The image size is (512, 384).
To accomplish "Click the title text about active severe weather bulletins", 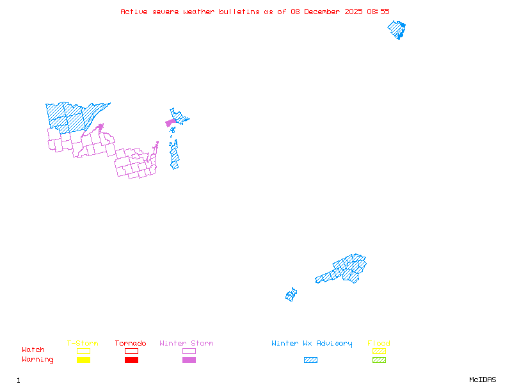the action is pyautogui.click(x=255, y=12).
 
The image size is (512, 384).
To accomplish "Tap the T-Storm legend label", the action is pyautogui.click(x=83, y=344).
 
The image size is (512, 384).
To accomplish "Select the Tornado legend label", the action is pyautogui.click(x=131, y=344).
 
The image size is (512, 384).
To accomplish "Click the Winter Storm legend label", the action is pyautogui.click(x=186, y=344).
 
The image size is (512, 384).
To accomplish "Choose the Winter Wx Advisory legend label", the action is pyautogui.click(x=312, y=344).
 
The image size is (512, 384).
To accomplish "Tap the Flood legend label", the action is pyautogui.click(x=379, y=344).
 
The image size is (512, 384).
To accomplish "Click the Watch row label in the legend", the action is pyautogui.click(x=33, y=350).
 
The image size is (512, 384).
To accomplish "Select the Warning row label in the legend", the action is pyautogui.click(x=37, y=360).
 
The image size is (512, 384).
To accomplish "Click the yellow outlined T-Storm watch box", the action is pyautogui.click(x=83, y=351).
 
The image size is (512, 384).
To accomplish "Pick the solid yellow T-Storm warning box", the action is pyautogui.click(x=83, y=360).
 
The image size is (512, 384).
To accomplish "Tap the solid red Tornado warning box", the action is pyautogui.click(x=131, y=360).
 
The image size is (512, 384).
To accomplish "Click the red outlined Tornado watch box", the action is pyautogui.click(x=131, y=351).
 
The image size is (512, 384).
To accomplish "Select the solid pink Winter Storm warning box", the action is pyautogui.click(x=189, y=360).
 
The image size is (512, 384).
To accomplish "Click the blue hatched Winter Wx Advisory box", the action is pyautogui.click(x=310, y=360).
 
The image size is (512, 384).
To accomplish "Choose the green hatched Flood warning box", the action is pyautogui.click(x=379, y=360).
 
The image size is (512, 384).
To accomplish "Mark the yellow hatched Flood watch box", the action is pyautogui.click(x=379, y=351).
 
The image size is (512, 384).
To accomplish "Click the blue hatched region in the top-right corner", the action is pyautogui.click(x=397, y=29).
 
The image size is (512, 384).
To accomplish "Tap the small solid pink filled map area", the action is pyautogui.click(x=170, y=122).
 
